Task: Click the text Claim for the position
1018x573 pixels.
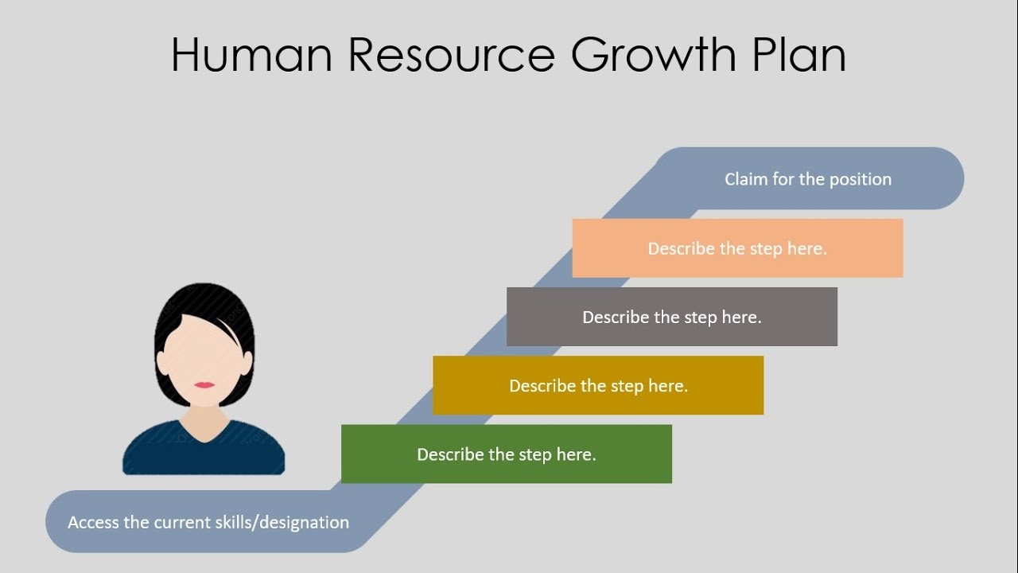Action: (807, 179)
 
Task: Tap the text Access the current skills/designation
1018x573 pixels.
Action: (208, 522)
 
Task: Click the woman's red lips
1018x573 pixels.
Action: (204, 385)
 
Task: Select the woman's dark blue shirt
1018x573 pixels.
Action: (204, 454)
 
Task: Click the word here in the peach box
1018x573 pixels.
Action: (806, 248)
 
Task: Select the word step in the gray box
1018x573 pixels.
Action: (700, 318)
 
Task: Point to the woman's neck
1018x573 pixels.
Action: (204, 419)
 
